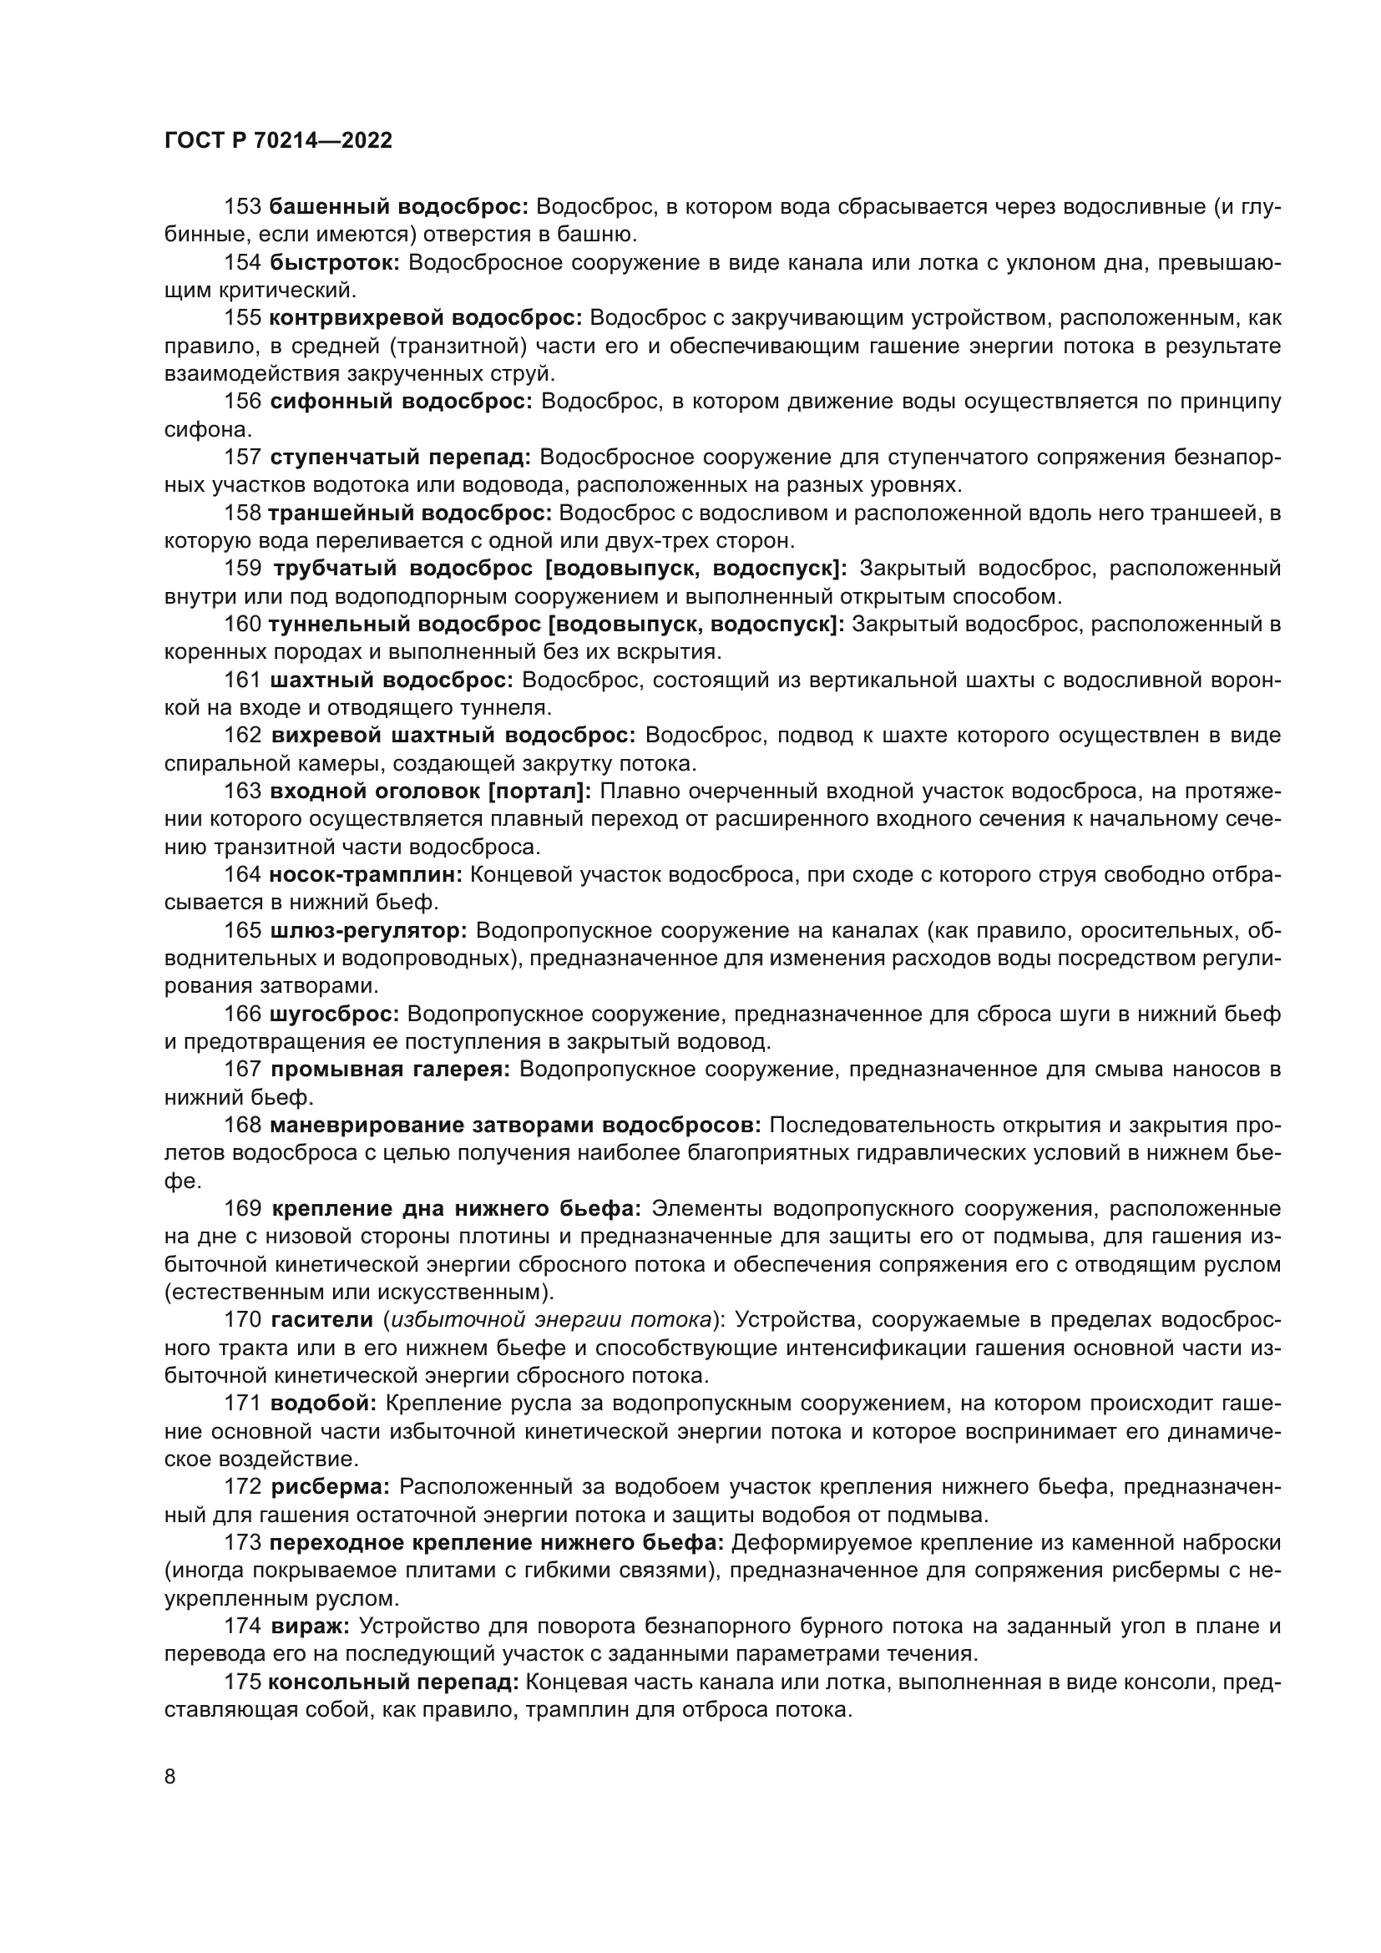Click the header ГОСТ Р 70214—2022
[x=278, y=141]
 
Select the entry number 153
[x=242, y=207]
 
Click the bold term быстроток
[x=335, y=263]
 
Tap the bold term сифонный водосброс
[x=401, y=402]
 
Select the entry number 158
[x=242, y=513]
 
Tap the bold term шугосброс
[x=334, y=1014]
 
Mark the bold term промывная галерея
[x=389, y=1070]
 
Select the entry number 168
[x=242, y=1126]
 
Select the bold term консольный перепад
[x=393, y=1682]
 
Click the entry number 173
[x=242, y=1542]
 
